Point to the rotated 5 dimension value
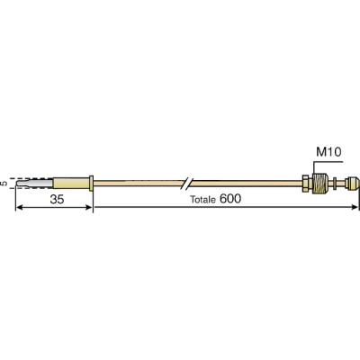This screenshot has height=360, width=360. click(x=6, y=183)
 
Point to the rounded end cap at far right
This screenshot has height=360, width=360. click(x=354, y=183)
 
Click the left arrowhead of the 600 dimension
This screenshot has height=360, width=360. click(x=98, y=208)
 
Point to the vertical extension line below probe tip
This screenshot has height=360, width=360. click(x=16, y=200)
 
